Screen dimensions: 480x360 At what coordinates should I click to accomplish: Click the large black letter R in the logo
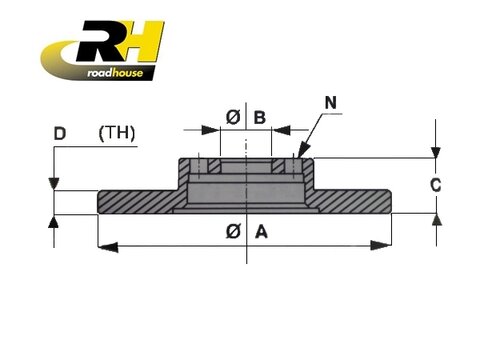pyautogui.click(x=100, y=42)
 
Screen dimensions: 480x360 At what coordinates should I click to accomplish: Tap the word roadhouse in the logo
pyautogui.click(x=115, y=73)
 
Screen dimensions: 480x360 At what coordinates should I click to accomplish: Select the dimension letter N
pyautogui.click(x=330, y=102)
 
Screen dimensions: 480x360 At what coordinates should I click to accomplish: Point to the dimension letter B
pyautogui.click(x=260, y=117)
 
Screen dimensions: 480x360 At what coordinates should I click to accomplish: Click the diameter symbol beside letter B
pyautogui.click(x=233, y=117)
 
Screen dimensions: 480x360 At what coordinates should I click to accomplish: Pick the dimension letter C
pyautogui.click(x=435, y=185)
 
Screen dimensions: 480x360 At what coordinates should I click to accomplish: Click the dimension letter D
pyautogui.click(x=60, y=134)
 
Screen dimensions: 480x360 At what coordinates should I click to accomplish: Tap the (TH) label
pyautogui.click(x=117, y=133)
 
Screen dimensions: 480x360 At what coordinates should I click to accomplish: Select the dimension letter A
pyautogui.click(x=261, y=232)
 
